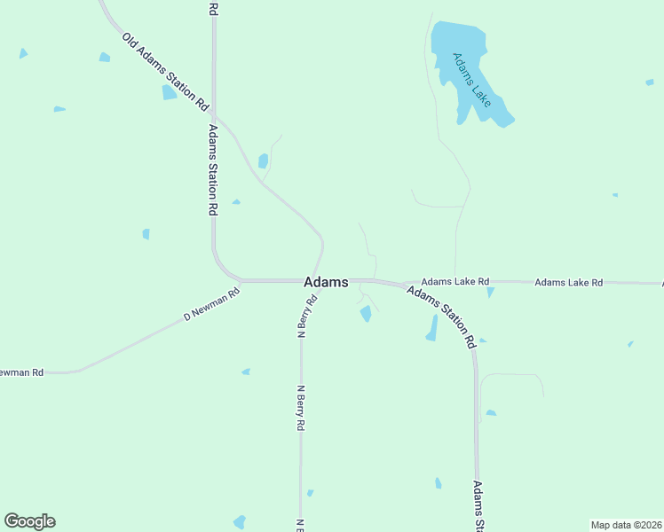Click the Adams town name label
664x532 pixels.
tap(326, 282)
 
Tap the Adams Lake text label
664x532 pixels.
tap(471, 76)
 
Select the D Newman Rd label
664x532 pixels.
tap(212, 304)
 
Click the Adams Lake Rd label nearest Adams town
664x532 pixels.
tap(455, 282)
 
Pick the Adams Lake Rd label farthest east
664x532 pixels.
tap(568, 283)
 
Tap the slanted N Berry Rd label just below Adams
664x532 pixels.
tap(307, 317)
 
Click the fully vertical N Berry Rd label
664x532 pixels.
tap(301, 408)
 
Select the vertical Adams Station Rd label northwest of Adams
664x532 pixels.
tap(213, 170)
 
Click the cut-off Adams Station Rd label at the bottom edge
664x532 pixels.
tap(478, 506)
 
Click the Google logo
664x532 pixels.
tap(29, 521)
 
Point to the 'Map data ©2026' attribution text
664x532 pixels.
tap(627, 524)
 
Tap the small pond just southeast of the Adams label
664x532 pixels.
tap(366, 313)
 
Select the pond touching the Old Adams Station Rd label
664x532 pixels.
tap(169, 92)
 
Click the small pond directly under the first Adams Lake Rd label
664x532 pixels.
tap(490, 293)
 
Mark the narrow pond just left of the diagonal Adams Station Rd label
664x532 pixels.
tap(432, 328)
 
